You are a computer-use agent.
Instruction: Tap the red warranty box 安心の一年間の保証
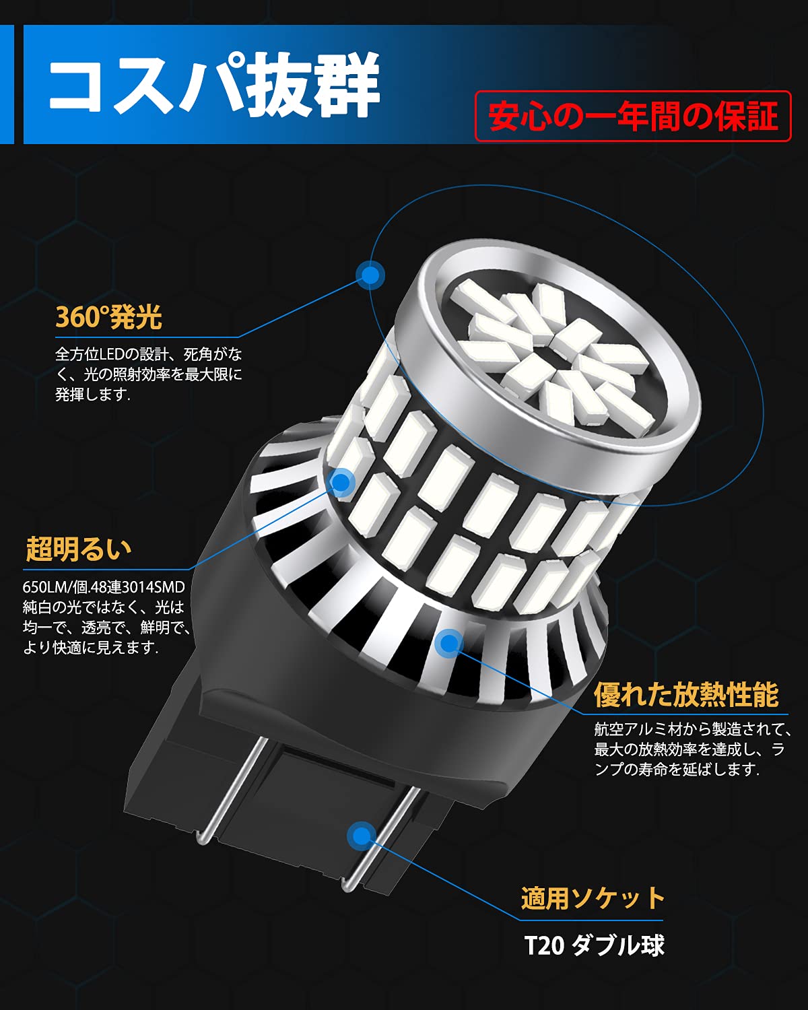pos(633,116)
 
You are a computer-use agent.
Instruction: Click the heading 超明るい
pos(78,549)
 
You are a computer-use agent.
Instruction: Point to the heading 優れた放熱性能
pos(686,695)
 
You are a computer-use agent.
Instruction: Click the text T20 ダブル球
pos(594,945)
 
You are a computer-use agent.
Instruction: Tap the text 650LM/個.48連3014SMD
pos(104,587)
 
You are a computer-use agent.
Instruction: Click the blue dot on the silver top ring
pos(370,275)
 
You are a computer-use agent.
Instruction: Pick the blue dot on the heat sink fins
pos(449,643)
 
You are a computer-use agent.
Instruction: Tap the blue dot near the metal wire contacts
pos(362,836)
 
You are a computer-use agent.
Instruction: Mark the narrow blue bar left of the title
pos(7,84)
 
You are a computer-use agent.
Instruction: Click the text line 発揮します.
pos(92,395)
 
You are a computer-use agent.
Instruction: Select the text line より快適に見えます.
pos(90,648)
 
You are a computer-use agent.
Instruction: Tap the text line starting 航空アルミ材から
pos(693,729)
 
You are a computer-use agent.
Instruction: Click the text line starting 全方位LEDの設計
pos(148,354)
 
